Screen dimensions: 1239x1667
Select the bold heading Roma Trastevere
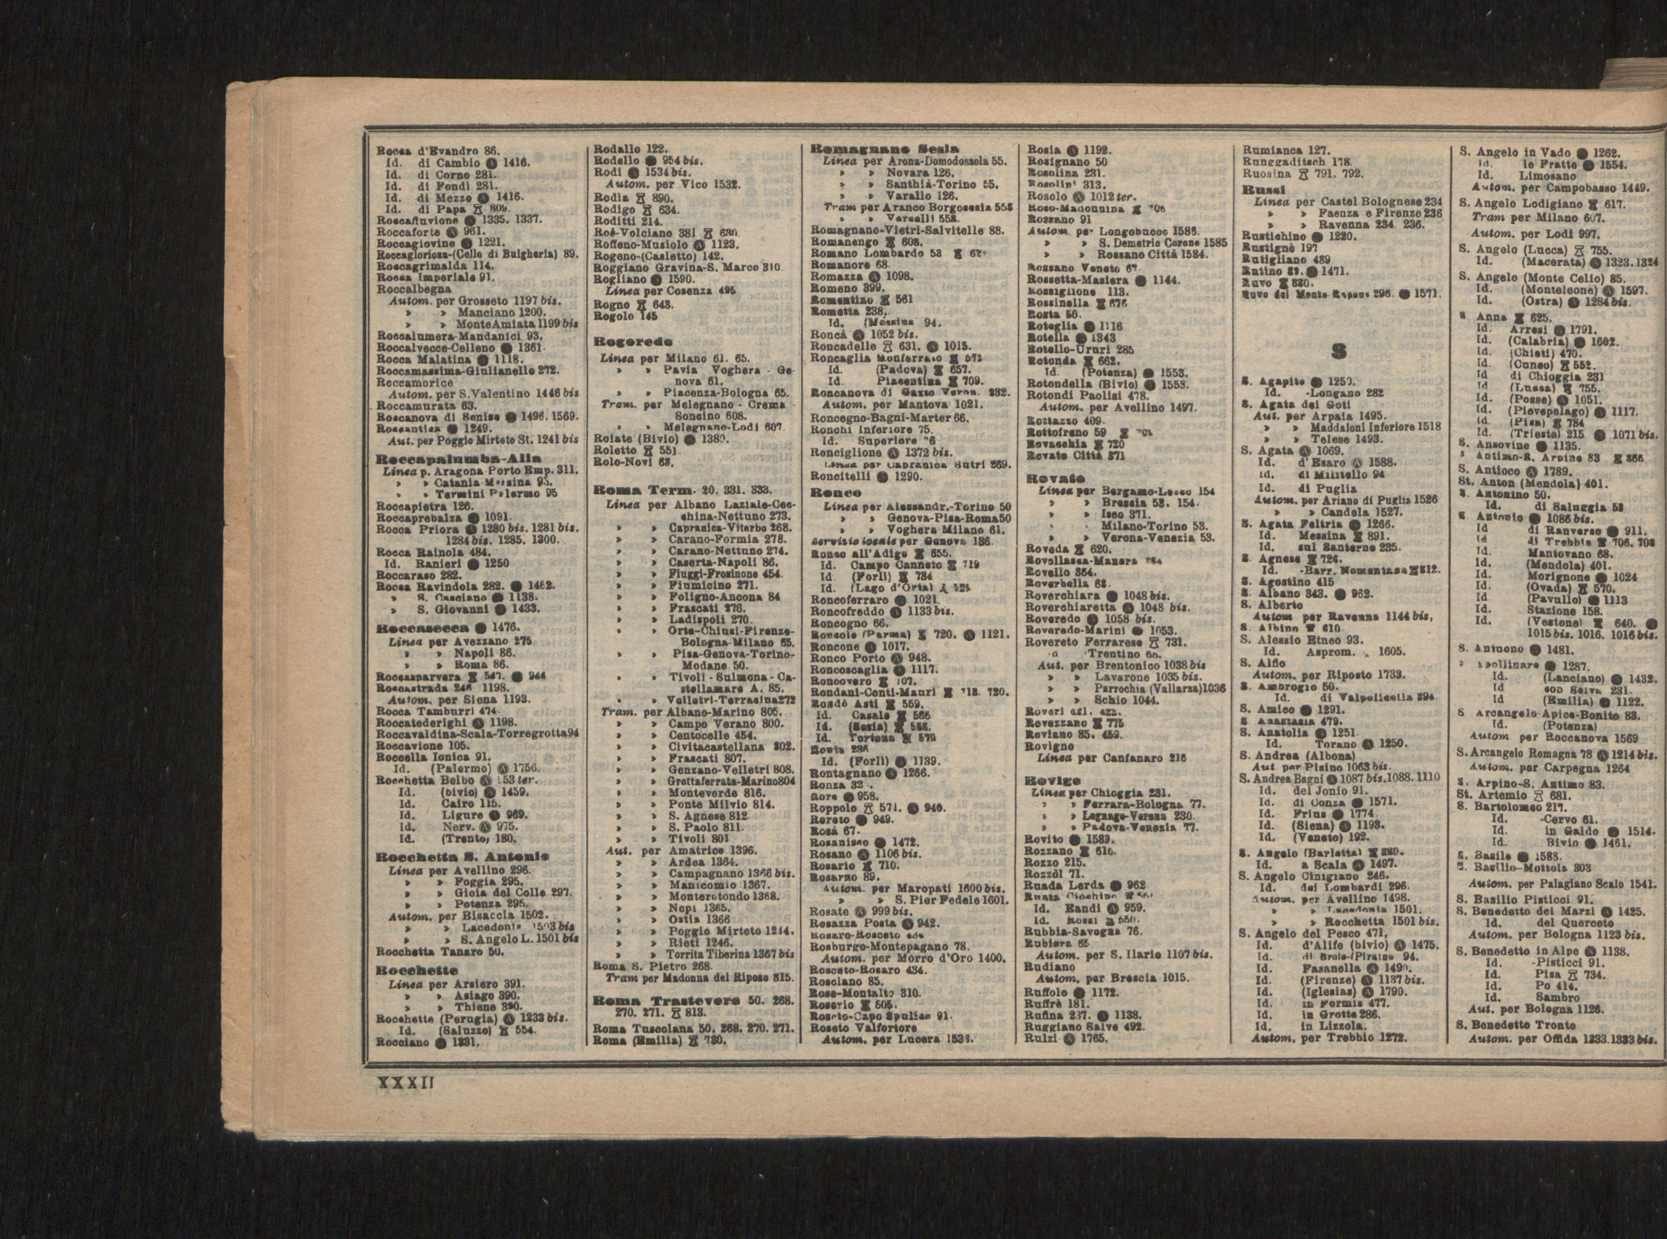(x=666, y=1001)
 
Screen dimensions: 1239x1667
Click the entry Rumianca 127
(x=1286, y=149)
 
